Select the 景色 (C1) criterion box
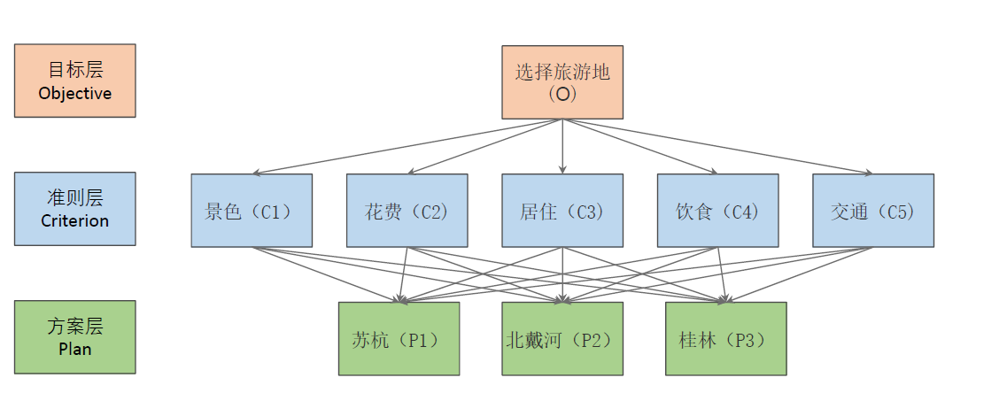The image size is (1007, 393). click(x=252, y=211)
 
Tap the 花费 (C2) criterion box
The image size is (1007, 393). click(x=407, y=211)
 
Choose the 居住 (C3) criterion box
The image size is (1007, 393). click(x=562, y=211)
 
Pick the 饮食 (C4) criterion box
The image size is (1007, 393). click(x=717, y=211)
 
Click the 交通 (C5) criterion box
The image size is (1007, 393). click(x=873, y=211)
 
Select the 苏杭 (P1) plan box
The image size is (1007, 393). click(x=399, y=339)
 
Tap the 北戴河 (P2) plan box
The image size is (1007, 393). click(x=562, y=339)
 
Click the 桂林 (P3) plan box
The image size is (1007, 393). click(x=726, y=339)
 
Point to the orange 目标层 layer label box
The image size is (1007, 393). click(x=75, y=81)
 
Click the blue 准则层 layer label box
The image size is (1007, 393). click(x=75, y=209)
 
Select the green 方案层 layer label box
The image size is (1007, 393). click(x=75, y=337)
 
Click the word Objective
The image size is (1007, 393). click(x=75, y=93)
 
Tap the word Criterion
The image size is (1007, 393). click(x=75, y=221)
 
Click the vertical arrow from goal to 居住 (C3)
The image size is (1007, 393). click(x=562, y=146)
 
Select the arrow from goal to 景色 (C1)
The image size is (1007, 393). click(x=407, y=146)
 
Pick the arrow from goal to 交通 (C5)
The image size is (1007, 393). click(x=717, y=146)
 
